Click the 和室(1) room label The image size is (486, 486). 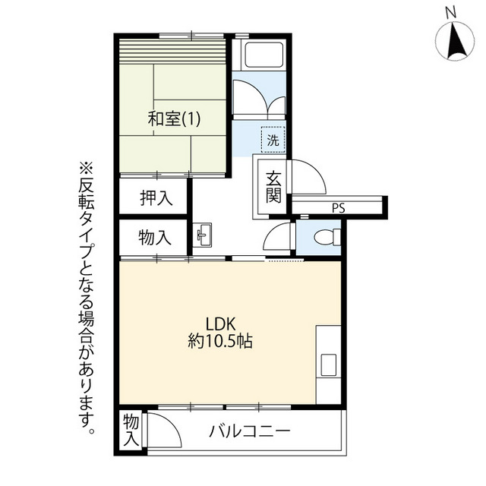point(174,119)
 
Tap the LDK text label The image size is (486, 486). point(221,324)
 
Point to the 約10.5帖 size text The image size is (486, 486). point(220,342)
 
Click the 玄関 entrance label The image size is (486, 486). point(273,187)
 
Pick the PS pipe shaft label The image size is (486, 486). point(339,208)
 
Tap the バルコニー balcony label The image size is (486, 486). point(250,431)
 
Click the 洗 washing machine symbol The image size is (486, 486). point(273,140)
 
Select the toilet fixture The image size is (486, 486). point(327,238)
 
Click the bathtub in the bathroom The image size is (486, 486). point(264,55)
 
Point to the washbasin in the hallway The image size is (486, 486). point(202,235)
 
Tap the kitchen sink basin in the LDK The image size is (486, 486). point(329,365)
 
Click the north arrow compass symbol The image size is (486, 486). point(455,42)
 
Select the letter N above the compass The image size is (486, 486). point(451,12)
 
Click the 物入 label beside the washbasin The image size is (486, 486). point(155,238)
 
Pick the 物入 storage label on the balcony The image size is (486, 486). point(131,431)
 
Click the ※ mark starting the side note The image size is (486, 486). point(87,169)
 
